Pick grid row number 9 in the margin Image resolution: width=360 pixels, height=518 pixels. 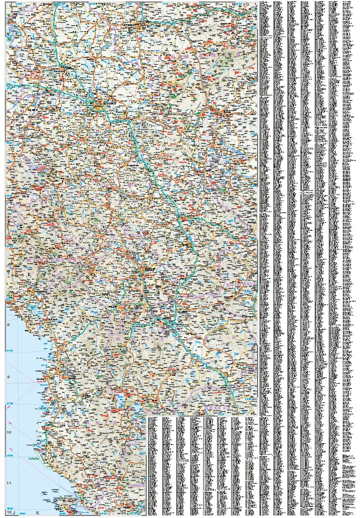8,377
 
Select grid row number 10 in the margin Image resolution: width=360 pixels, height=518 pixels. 8,431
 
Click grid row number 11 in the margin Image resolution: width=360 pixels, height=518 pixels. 8,483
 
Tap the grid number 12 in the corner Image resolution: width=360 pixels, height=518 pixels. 9,512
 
